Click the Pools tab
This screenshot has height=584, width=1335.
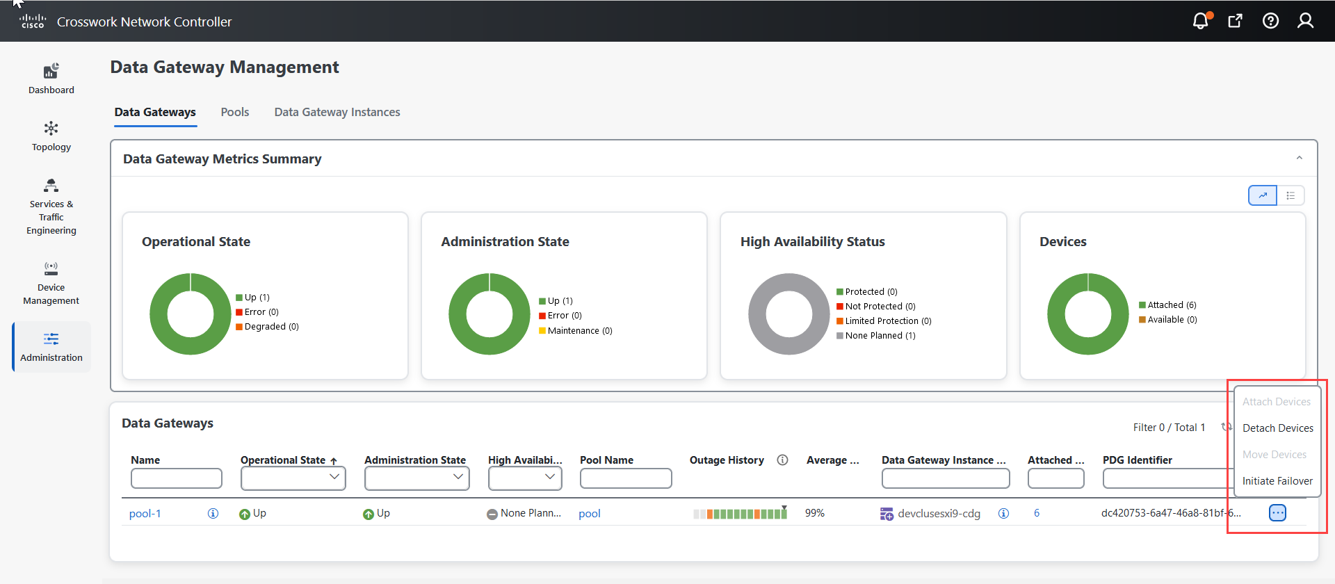point(234,112)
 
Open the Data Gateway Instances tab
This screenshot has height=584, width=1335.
point(337,112)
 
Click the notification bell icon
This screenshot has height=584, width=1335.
point(1201,21)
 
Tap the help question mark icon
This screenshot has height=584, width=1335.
point(1270,21)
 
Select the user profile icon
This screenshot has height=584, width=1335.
point(1305,21)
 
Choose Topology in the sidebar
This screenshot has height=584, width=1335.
point(51,136)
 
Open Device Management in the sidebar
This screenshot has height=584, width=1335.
point(51,283)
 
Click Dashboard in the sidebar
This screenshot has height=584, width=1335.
point(51,79)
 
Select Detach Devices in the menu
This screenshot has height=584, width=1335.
point(1277,428)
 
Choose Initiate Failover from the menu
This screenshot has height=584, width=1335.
point(1277,481)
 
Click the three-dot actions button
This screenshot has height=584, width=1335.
point(1277,513)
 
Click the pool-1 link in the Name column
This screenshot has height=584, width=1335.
point(145,514)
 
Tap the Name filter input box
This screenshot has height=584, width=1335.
point(177,478)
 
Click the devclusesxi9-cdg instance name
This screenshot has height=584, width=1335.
point(939,514)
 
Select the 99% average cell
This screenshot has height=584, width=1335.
point(815,513)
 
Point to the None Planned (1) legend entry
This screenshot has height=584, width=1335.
point(880,336)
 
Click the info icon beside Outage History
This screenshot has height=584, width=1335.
point(782,460)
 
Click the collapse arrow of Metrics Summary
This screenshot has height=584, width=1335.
point(1299,159)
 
